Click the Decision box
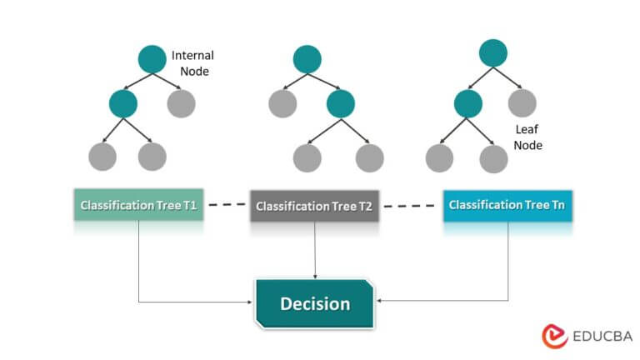315,302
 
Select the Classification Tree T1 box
138,204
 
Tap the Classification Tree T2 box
315,205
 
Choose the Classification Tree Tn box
507,204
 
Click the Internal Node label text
192,63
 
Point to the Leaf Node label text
527,137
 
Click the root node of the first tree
152,58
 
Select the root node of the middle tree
307,57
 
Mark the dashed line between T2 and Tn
412,204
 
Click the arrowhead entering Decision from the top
315,276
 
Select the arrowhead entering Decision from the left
250,302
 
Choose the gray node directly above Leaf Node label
522,103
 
